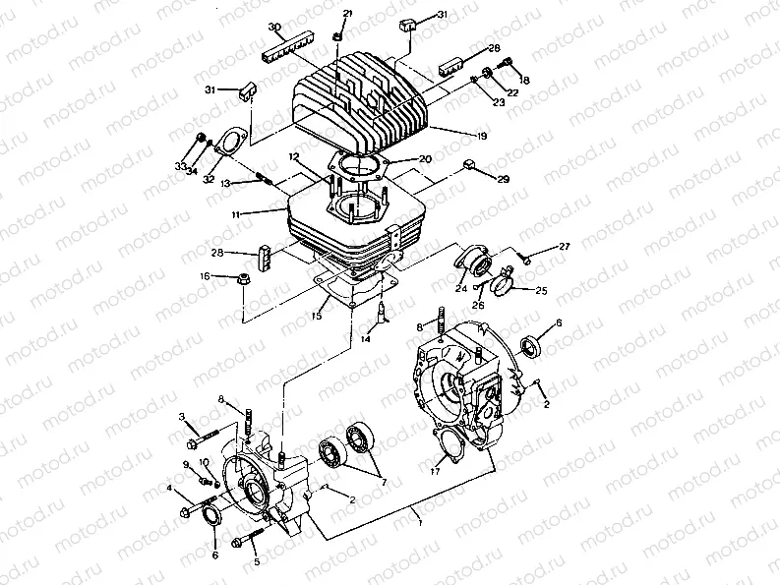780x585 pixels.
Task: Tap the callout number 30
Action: pyautogui.click(x=274, y=26)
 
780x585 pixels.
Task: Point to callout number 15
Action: pyautogui.click(x=317, y=316)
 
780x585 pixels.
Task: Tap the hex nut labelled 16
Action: pyautogui.click(x=243, y=278)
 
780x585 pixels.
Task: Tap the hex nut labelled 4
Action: pyautogui.click(x=187, y=512)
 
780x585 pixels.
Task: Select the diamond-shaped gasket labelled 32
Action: pyautogui.click(x=232, y=141)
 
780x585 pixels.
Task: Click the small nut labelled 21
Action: pyautogui.click(x=337, y=35)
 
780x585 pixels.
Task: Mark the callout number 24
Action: pyautogui.click(x=460, y=288)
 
